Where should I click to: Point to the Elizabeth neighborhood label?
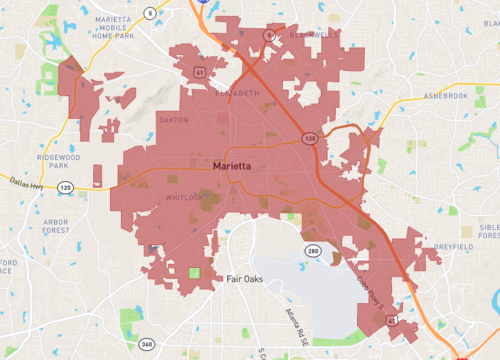pyautogui.click(x=238, y=92)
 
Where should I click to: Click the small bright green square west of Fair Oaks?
pyautogui.click(x=194, y=272)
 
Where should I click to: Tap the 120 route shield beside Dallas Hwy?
pyautogui.click(x=65, y=188)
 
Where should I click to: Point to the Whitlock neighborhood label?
pyautogui.click(x=184, y=199)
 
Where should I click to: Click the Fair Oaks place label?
pyautogui.click(x=243, y=279)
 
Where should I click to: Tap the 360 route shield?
pyautogui.click(x=147, y=344)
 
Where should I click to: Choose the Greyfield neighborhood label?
pyautogui.click(x=456, y=246)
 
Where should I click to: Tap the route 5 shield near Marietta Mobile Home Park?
pyautogui.click(x=149, y=13)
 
